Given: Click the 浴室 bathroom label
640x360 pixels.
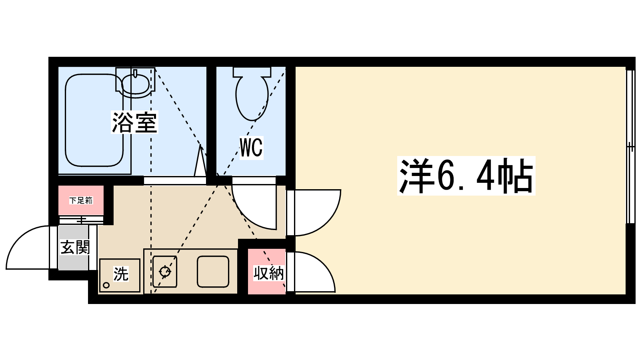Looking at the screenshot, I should pos(134,122).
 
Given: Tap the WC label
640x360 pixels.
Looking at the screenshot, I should pos(251,148).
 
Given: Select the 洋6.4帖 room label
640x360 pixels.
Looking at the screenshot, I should pos(466,176).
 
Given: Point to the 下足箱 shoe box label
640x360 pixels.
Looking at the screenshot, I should pos(81,200).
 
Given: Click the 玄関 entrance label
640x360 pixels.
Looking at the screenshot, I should pos(75,247).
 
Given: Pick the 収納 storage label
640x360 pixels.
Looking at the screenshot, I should pos(268,273).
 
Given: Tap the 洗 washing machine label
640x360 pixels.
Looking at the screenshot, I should pos(121,274).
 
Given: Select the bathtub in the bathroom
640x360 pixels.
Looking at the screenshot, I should pos(94,120).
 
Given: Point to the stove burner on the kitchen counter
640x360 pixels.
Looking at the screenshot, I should pos(165,272).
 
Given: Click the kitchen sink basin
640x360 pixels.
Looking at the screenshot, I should pos(213,272).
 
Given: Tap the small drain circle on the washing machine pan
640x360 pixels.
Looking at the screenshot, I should pos(106,285).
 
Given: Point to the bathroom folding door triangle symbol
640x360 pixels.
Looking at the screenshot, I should pos(200,162).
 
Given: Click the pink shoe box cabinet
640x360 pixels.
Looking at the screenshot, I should pos(81,200).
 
